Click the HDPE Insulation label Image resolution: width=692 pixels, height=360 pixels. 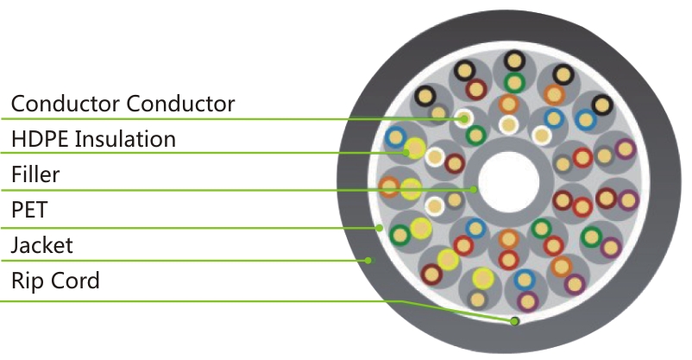(x=93, y=139)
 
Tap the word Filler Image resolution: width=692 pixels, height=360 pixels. (x=35, y=174)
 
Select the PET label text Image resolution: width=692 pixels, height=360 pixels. (x=29, y=210)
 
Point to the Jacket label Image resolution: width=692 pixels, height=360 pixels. (x=42, y=245)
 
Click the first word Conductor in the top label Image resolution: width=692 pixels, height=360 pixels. (x=66, y=104)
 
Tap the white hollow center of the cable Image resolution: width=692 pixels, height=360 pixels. (x=509, y=182)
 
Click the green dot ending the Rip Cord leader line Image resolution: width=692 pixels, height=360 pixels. (x=514, y=321)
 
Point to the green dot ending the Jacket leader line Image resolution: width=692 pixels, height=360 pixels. (x=368, y=261)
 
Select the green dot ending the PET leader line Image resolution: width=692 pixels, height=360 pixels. (x=379, y=228)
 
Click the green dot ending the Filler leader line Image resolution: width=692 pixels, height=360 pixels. (x=474, y=190)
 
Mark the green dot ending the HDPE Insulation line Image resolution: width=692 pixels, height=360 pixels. (x=406, y=153)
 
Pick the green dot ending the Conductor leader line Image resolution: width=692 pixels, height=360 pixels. (x=463, y=118)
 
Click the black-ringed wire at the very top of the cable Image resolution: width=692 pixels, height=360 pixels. (x=514, y=60)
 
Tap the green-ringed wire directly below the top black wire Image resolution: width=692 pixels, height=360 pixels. (x=514, y=83)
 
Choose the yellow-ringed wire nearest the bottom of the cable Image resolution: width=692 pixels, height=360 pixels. (x=483, y=279)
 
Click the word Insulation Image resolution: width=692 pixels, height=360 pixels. (x=125, y=139)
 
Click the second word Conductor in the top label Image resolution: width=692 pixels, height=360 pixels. (x=180, y=104)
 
